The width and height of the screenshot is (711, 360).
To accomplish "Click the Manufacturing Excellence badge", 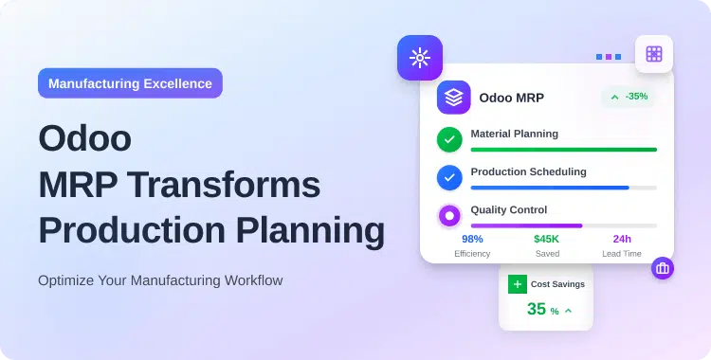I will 130,83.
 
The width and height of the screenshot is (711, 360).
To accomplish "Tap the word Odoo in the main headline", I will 85,139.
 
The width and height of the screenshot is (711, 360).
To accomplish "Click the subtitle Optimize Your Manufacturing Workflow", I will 160,280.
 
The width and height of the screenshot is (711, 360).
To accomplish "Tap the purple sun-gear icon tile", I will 419,58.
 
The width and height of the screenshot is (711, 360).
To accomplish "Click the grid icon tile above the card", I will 654,54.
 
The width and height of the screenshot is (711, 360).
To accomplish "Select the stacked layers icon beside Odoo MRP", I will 453,98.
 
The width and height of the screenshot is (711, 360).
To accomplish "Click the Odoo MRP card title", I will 511,98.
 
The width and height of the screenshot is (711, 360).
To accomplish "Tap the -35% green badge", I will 629,97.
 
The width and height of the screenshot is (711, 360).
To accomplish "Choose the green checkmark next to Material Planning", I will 449,139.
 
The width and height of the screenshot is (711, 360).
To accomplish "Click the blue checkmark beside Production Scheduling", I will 449,177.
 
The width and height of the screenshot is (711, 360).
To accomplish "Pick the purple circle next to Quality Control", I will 449,215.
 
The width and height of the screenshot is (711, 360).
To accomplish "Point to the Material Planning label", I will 514,134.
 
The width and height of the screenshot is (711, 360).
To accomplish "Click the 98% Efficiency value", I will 472,239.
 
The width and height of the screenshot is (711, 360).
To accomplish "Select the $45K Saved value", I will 546,239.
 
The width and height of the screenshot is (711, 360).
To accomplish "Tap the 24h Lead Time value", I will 622,239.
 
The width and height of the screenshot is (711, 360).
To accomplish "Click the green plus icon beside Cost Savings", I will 517,283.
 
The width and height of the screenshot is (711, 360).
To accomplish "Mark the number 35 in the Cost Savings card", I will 537,309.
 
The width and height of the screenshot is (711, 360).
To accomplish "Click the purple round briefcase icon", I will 662,268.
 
